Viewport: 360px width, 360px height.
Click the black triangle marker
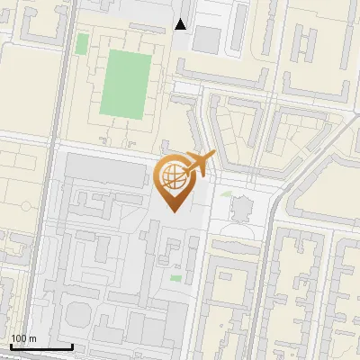[x=181, y=24]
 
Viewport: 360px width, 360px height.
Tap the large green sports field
[x=125, y=84]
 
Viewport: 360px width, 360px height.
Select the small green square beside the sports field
[x=83, y=43]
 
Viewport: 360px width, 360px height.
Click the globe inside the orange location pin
[x=175, y=176]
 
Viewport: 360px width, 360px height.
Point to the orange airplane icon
[x=200, y=164]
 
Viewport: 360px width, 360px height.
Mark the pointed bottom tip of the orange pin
[x=174, y=211]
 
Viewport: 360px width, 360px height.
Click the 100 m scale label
[x=23, y=338]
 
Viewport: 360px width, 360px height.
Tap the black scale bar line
[x=40, y=346]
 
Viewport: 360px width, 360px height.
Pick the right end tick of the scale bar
[x=72, y=345]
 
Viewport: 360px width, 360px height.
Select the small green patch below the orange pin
[x=175, y=277]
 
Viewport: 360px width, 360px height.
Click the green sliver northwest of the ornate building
[x=225, y=192]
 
